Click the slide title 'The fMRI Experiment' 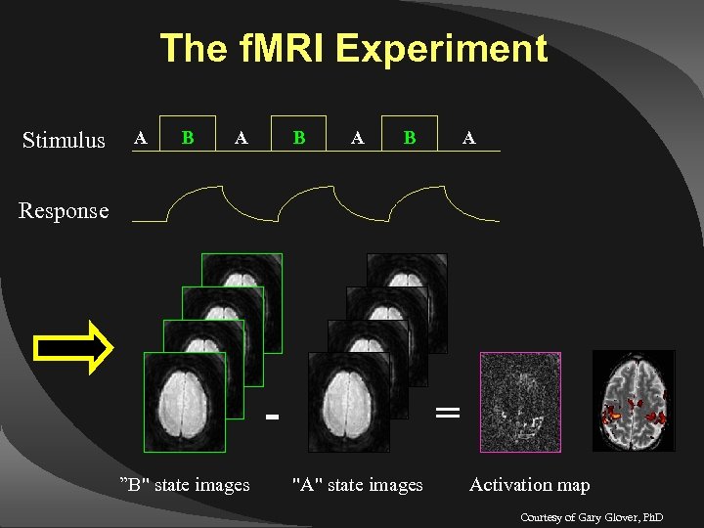pyautogui.click(x=353, y=48)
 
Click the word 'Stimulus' pyautogui.click(x=64, y=141)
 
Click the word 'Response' pyautogui.click(x=64, y=210)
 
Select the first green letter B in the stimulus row pyautogui.click(x=188, y=138)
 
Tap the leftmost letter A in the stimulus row pyautogui.click(x=141, y=138)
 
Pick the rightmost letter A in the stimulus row pyautogui.click(x=469, y=138)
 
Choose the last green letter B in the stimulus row pyautogui.click(x=410, y=138)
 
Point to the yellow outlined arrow pyautogui.click(x=74, y=344)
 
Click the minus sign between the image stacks pyautogui.click(x=273, y=418)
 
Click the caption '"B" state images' pyautogui.click(x=184, y=484)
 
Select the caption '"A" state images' pyautogui.click(x=358, y=484)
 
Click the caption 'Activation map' pyautogui.click(x=529, y=484)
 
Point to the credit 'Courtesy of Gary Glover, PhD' pyautogui.click(x=592, y=515)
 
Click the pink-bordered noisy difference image pyautogui.click(x=520, y=402)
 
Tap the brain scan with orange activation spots pyautogui.click(x=636, y=401)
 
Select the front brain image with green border pyautogui.click(x=185, y=401)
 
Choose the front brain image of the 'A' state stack pyautogui.click(x=348, y=401)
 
